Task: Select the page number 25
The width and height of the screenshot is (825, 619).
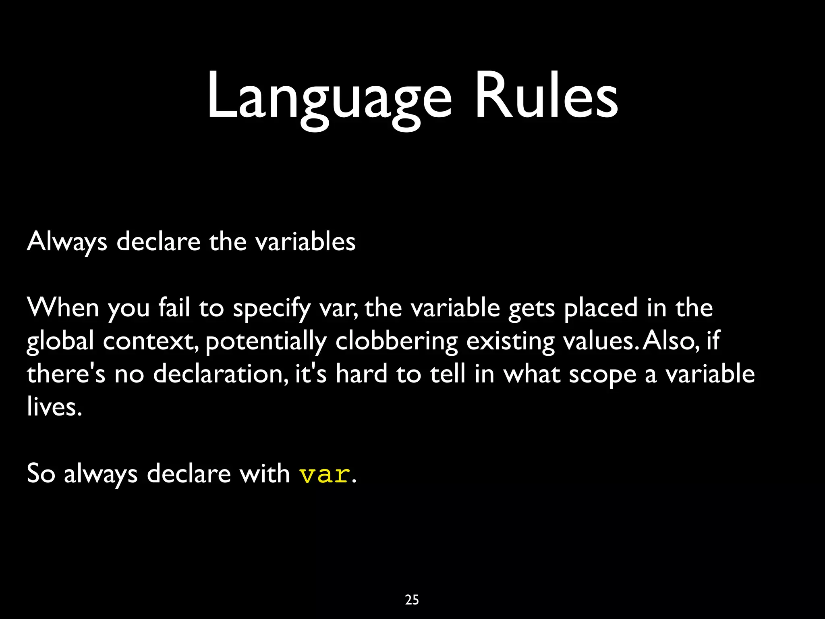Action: pyautogui.click(x=412, y=600)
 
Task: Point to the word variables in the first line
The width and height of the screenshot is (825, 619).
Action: pyautogui.click(x=306, y=242)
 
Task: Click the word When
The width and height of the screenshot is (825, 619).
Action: pyautogui.click(x=63, y=308)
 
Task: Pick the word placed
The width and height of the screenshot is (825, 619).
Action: pyautogui.click(x=601, y=308)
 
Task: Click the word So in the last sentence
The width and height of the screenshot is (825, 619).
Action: pyautogui.click(x=41, y=473)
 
